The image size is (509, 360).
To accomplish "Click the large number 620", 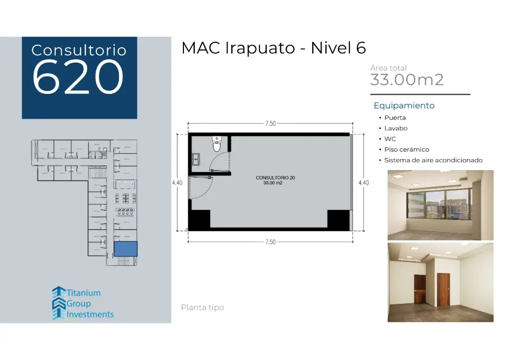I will [78, 77].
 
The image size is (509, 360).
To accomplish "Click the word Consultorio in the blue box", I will [79, 50].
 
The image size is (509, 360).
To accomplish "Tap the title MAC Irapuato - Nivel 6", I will [273, 48].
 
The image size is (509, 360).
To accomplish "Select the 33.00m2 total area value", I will [407, 80].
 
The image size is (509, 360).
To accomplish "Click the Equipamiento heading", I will [404, 105].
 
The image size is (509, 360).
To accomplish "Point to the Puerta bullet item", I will [395, 118].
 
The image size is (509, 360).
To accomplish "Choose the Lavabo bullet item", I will [396, 128].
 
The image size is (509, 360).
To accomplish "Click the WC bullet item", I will [390, 139].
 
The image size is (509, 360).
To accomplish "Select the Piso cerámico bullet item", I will [406, 150].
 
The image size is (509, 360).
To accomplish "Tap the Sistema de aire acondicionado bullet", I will [433, 160].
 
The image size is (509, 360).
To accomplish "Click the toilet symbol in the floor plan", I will [217, 144].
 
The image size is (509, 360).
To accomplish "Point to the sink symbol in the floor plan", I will [196, 159].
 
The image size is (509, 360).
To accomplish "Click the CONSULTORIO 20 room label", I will [276, 178].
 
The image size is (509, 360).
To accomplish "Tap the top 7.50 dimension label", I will [270, 124].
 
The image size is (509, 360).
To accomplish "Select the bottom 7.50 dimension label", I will [270, 242].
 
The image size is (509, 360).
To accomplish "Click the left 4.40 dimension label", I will [177, 182].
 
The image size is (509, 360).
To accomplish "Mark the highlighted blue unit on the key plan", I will [125, 249].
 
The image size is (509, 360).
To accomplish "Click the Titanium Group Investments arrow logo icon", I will [59, 303].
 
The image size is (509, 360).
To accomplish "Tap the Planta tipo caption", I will [202, 308].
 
